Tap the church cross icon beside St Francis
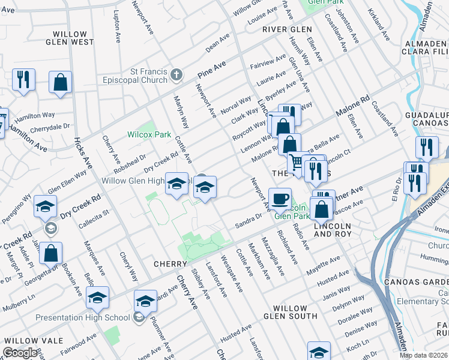coord(176,75)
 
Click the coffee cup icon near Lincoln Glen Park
coord(279,198)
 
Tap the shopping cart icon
coord(295,162)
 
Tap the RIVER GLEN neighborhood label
coord(287,29)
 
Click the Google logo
coord(20,353)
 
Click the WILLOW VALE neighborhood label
coord(33,340)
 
